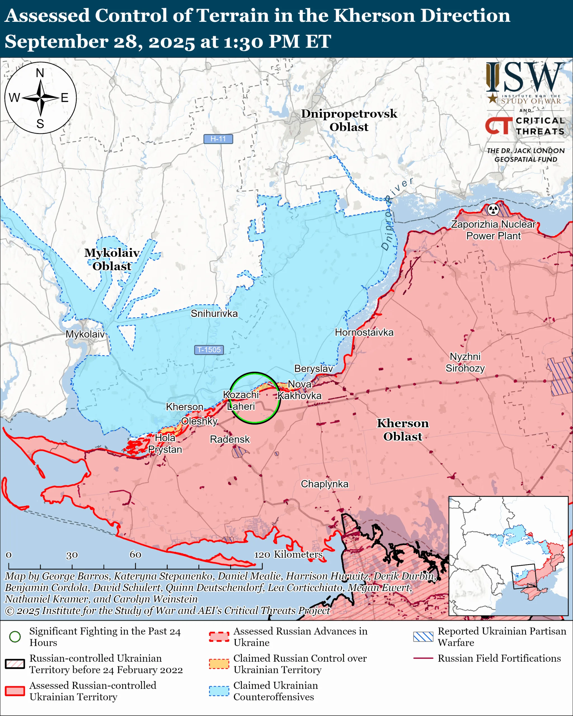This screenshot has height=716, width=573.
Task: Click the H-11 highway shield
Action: click(x=218, y=139)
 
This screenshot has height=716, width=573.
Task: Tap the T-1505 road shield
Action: click(x=209, y=350)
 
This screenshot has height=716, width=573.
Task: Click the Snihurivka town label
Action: click(x=214, y=314)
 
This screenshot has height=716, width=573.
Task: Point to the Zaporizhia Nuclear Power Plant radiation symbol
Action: click(x=493, y=209)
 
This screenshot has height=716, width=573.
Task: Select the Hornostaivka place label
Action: click(x=364, y=333)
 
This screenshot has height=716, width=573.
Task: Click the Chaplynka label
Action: click(x=325, y=484)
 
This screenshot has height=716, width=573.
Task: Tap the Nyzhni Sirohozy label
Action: click(x=465, y=362)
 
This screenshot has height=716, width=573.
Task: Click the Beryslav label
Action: click(x=313, y=369)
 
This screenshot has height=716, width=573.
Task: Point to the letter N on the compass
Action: click(x=40, y=73)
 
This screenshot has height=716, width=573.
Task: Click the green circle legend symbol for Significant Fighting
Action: click(x=15, y=637)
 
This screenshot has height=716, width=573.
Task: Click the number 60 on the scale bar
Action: click(x=135, y=554)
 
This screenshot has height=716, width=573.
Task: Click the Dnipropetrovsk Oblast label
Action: click(x=349, y=120)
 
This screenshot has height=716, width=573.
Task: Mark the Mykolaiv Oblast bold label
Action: click(x=112, y=259)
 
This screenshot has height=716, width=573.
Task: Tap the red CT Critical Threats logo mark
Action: click(x=499, y=126)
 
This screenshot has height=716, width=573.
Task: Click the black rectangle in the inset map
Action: click(x=524, y=576)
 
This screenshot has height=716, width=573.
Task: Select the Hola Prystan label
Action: click(x=165, y=444)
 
